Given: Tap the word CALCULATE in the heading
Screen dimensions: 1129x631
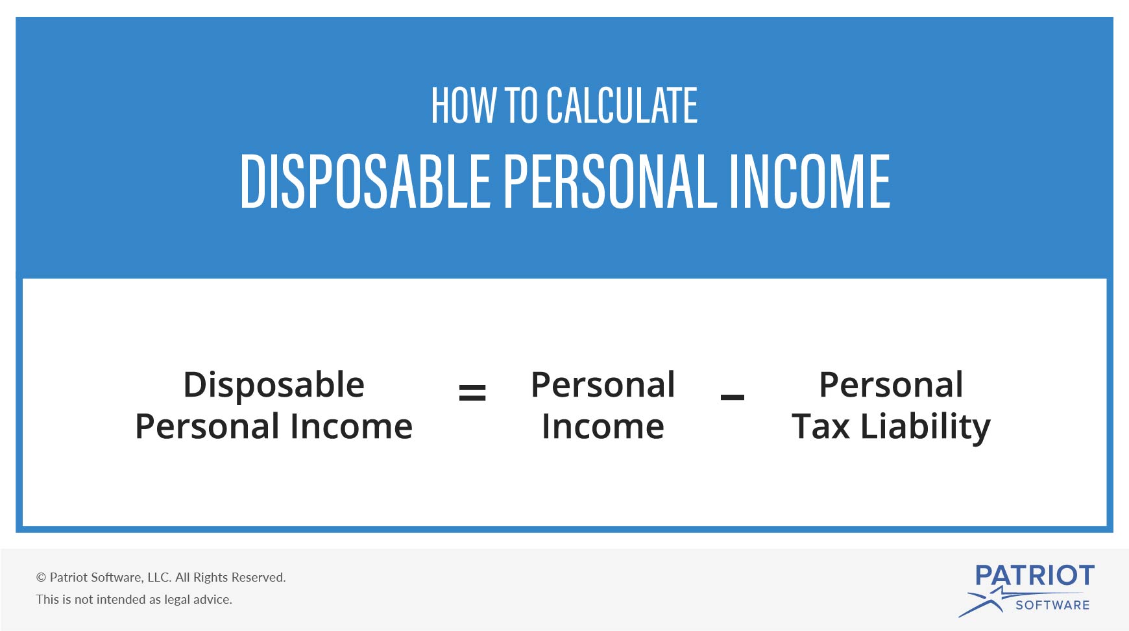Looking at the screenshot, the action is [x=622, y=105].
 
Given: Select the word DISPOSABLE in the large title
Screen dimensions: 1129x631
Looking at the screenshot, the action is [x=365, y=181].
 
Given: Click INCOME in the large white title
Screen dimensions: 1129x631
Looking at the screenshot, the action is [x=810, y=181].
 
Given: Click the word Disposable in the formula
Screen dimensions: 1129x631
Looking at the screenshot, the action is [x=274, y=386].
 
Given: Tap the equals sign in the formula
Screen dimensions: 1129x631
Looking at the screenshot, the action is [x=472, y=392].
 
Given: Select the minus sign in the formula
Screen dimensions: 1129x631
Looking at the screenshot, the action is [x=733, y=397].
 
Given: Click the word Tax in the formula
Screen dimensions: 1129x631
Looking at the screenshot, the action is [x=821, y=427].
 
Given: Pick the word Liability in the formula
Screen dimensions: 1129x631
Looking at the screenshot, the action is [x=926, y=428].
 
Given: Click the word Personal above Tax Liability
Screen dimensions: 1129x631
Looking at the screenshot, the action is [x=891, y=385].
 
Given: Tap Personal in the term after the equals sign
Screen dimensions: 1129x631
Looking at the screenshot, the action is [x=603, y=385].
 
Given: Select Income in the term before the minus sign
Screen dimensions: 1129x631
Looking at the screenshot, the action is [x=603, y=427].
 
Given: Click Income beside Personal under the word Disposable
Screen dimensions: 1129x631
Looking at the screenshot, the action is [x=351, y=427].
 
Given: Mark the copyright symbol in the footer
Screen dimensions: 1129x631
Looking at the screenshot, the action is [x=41, y=577].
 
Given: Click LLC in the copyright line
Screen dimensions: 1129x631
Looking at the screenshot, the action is [x=158, y=577].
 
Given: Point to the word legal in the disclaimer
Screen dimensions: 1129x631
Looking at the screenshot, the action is [x=177, y=600].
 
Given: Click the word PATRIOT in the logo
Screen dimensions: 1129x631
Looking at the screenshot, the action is [x=1035, y=575].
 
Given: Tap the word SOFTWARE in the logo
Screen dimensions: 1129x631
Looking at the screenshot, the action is [x=1052, y=605].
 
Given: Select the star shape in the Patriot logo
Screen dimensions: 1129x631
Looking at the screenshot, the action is [x=989, y=600].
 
